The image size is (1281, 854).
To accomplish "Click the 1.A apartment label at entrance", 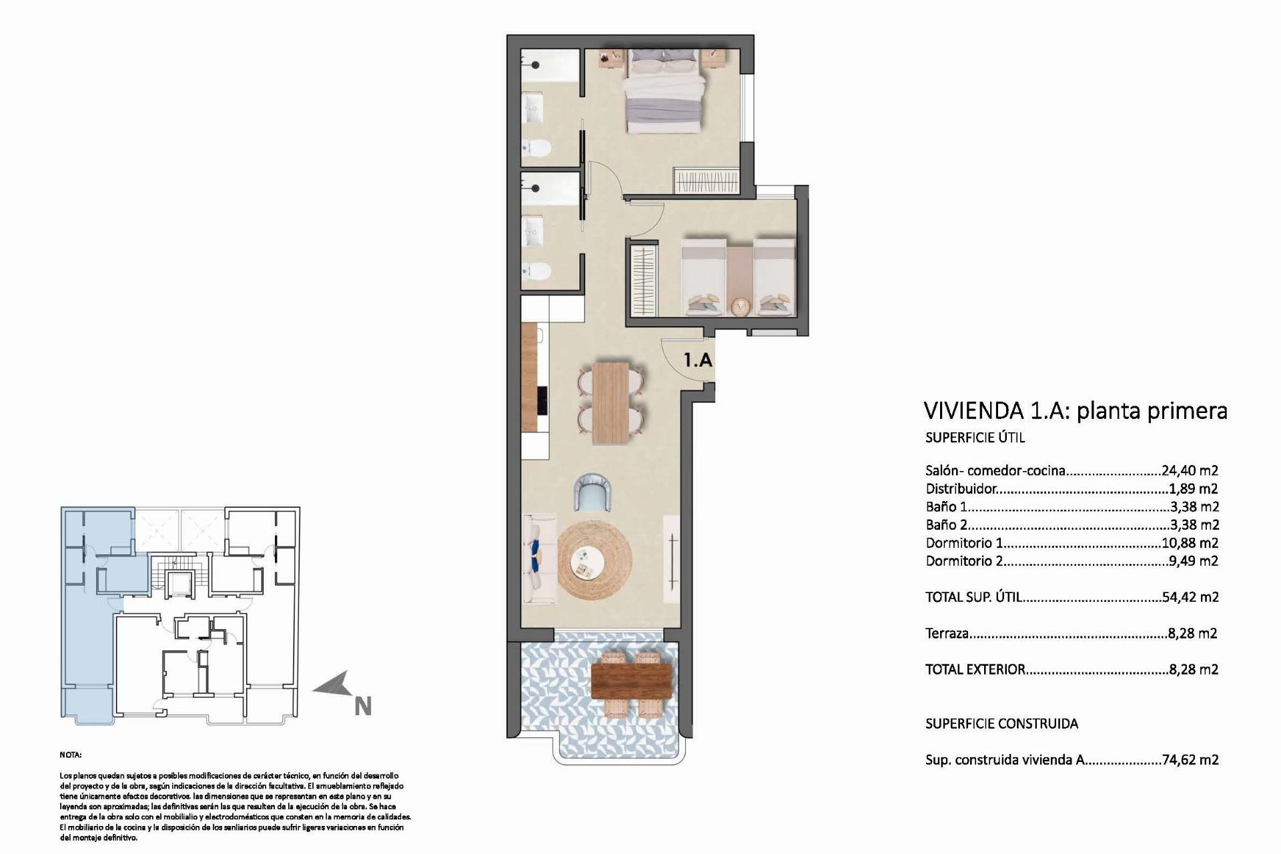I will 698,360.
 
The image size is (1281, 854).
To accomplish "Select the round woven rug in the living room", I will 594,561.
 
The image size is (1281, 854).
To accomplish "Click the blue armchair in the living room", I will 594,492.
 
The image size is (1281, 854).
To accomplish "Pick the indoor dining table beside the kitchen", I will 610,402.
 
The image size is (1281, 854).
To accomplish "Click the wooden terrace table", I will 630,683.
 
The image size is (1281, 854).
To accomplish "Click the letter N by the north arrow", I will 362,707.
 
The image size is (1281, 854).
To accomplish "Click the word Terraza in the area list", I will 947,634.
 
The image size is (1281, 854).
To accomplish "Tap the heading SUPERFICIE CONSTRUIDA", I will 1001,724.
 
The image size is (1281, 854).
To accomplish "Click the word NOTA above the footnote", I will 70,755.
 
